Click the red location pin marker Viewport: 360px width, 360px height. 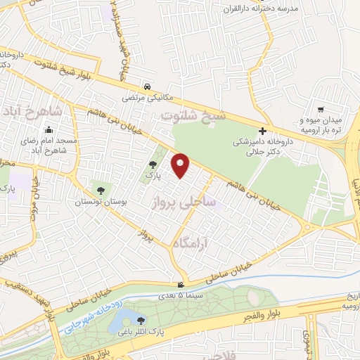(x=181, y=165)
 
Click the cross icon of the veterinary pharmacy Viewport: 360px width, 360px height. (x=262, y=131)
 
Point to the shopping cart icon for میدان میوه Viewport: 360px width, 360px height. (x=321, y=109)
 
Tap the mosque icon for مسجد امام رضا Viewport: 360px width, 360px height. (x=49, y=130)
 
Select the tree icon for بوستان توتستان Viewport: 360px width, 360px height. (x=101, y=190)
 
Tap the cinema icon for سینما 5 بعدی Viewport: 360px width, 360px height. (x=181, y=285)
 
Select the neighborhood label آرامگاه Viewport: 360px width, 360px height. (x=191, y=242)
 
